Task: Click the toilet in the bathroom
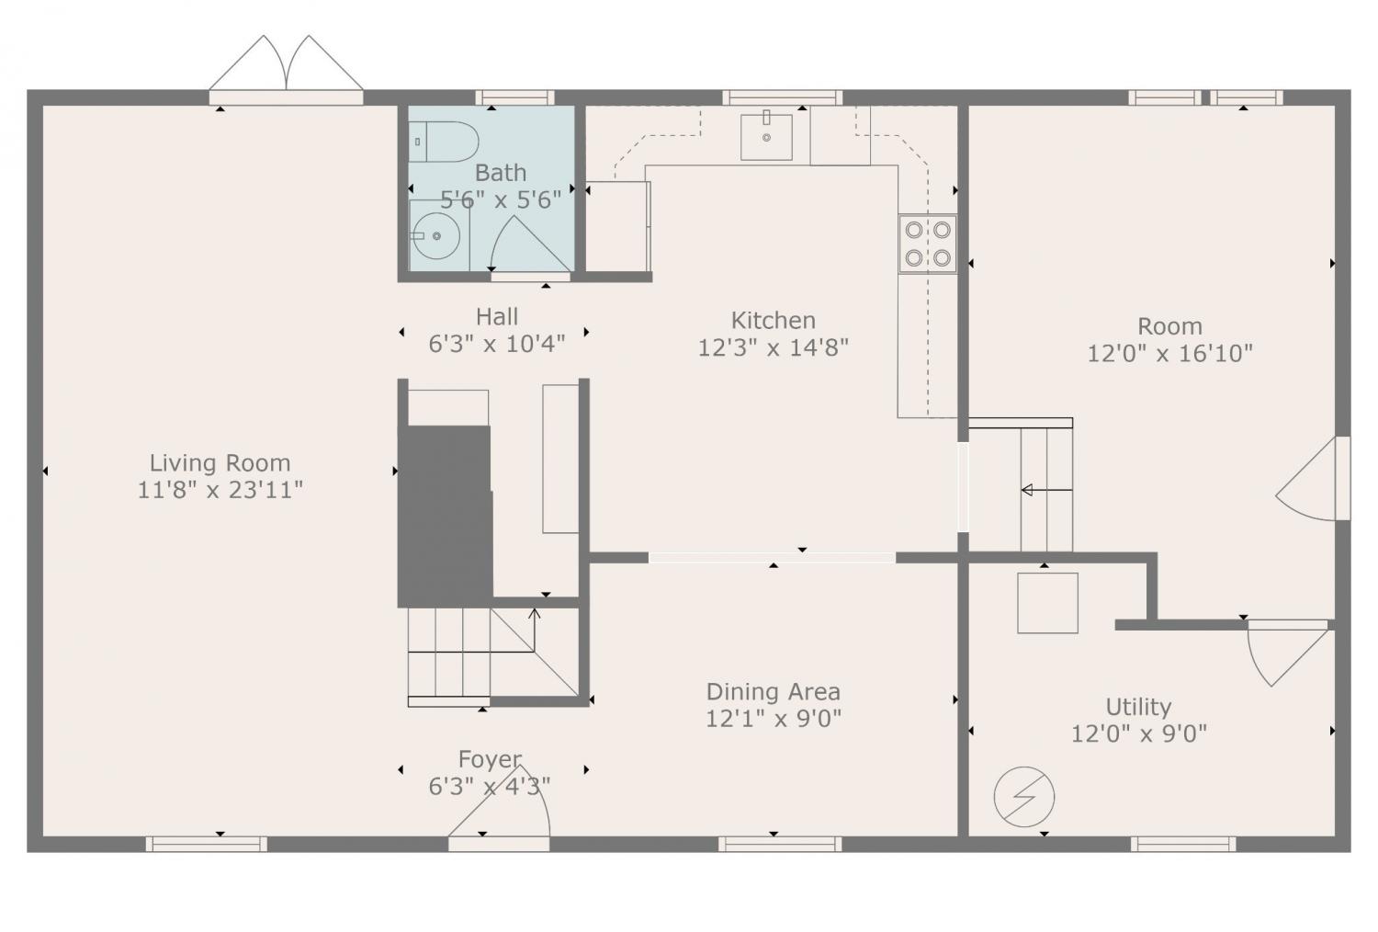pyautogui.click(x=444, y=142)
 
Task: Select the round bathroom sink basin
pyautogui.click(x=436, y=236)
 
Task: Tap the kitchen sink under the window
pyautogui.click(x=766, y=137)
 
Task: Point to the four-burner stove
pyautogui.click(x=928, y=244)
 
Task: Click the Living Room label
pyautogui.click(x=220, y=463)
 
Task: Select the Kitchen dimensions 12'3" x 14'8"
pyautogui.click(x=774, y=347)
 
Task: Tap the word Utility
pyautogui.click(x=1139, y=708)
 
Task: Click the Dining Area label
pyautogui.click(x=774, y=692)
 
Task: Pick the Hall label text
pyautogui.click(x=497, y=317)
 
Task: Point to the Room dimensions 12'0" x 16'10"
pyautogui.click(x=1170, y=353)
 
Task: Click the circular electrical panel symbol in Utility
pyautogui.click(x=1024, y=797)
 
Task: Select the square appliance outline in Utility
pyautogui.click(x=1047, y=603)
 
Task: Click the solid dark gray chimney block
pyautogui.click(x=446, y=516)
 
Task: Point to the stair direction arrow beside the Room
pyautogui.click(x=1046, y=490)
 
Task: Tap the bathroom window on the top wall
pyautogui.click(x=514, y=97)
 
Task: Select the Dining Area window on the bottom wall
pyautogui.click(x=780, y=844)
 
